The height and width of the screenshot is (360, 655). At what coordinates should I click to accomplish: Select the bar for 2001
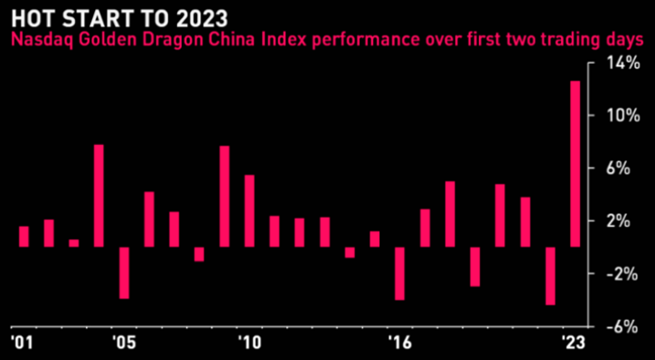[24, 236]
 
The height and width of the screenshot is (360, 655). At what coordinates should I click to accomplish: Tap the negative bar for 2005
[124, 273]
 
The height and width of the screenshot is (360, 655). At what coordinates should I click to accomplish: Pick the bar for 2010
[249, 211]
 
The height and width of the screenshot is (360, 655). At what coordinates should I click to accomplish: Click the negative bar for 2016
[400, 273]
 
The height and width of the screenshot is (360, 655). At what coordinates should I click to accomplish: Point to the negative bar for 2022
[550, 276]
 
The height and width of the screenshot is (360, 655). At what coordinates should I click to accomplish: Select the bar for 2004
[99, 196]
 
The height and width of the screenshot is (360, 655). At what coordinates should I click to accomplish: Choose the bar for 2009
[224, 196]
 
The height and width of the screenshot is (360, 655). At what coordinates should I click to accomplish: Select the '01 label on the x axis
[20, 344]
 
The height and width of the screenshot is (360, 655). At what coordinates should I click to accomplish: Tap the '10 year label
[249, 344]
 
